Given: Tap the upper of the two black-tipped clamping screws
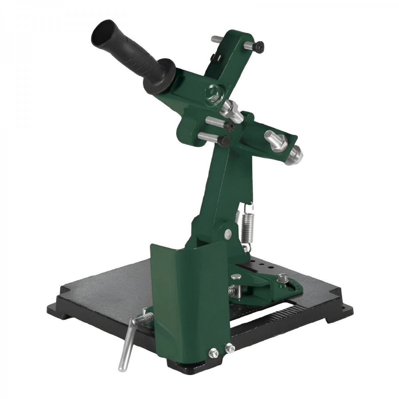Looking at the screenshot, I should (229, 126).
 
